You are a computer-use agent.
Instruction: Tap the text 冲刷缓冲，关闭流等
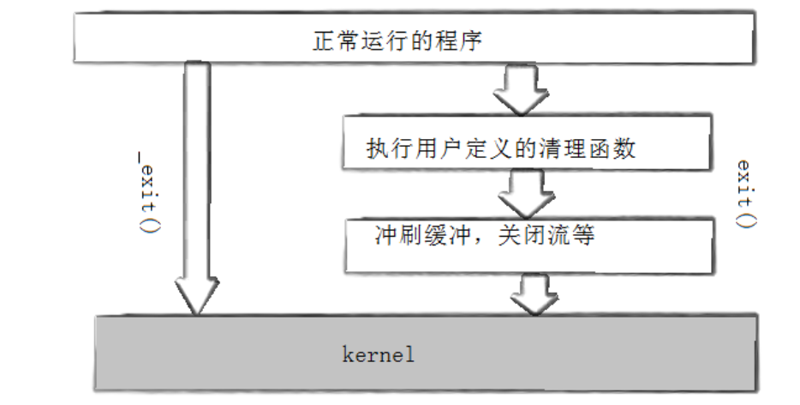[x=484, y=236]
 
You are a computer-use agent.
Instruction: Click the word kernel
[x=378, y=354]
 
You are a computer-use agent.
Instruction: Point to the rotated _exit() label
[x=146, y=190]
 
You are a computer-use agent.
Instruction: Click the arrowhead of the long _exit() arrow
[x=197, y=295]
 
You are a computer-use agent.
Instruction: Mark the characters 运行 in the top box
[x=379, y=40]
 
